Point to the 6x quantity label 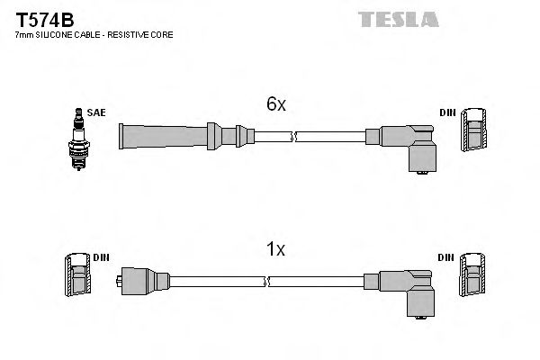275,104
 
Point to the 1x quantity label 275,250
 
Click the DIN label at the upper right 447,112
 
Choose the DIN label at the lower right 447,257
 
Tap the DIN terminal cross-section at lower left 77,277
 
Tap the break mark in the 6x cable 293,137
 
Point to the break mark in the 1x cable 267,282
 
